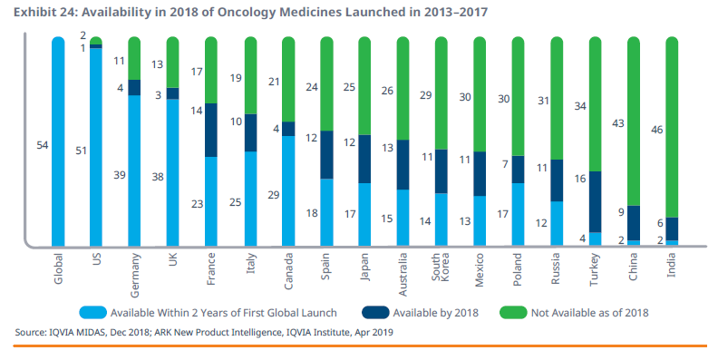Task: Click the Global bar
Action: pos(58,141)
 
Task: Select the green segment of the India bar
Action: pos(671,127)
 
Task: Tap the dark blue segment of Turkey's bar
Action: pos(595,202)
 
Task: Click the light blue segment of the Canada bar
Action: pos(288,191)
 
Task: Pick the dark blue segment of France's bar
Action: pos(211,130)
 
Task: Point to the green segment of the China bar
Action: pos(634,121)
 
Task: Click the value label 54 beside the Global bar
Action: pos(42,145)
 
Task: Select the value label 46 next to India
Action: pos(656,130)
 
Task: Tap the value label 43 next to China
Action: pos(618,123)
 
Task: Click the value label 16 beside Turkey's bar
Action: pos(580,179)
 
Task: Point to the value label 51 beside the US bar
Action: pos(81,151)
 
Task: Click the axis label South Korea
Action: pos(441,266)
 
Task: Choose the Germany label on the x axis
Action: pos(134,276)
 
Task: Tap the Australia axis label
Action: pos(403,275)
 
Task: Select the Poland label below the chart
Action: pos(518,269)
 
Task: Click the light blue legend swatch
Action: pos(93,312)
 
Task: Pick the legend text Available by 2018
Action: pos(435,313)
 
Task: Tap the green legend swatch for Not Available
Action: pos(513,312)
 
